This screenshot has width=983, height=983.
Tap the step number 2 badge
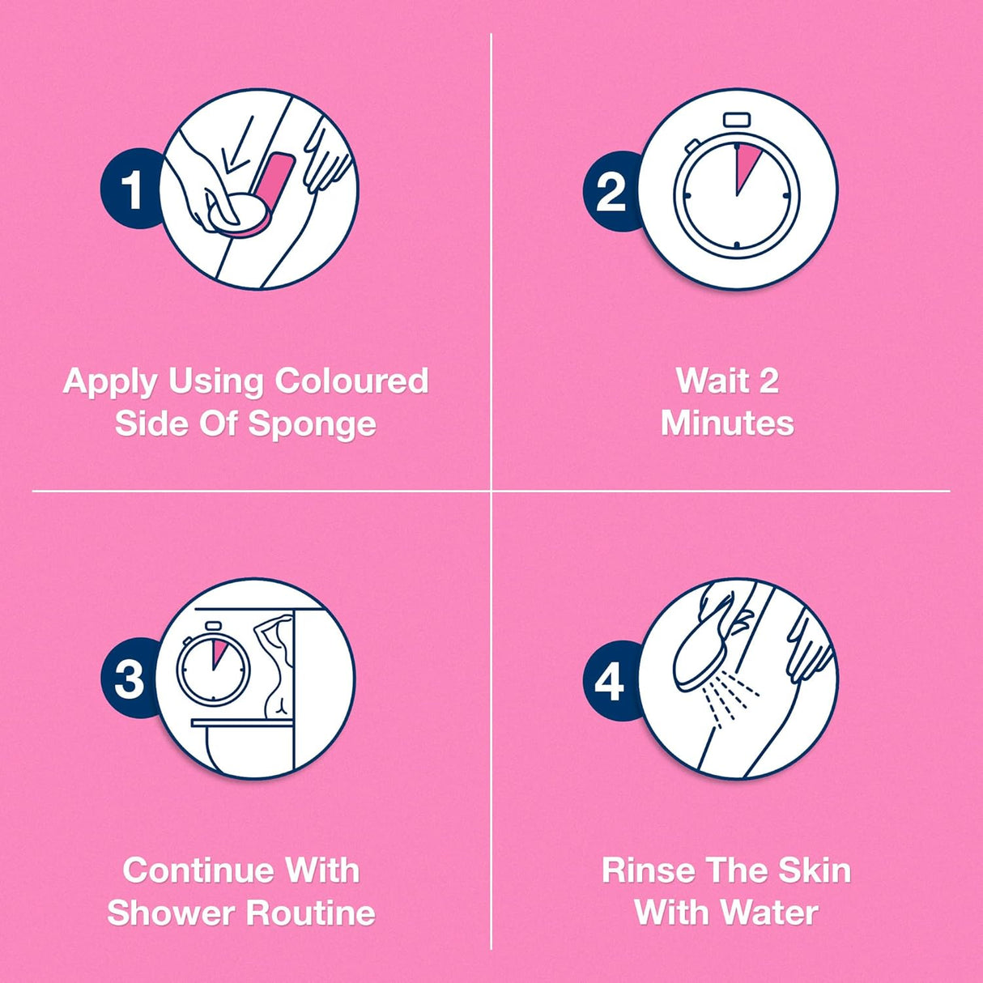(x=612, y=191)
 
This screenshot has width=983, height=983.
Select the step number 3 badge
(x=130, y=678)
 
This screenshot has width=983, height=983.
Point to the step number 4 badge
(x=611, y=680)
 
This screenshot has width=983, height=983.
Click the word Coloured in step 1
(x=351, y=381)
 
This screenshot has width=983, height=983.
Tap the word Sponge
(x=313, y=424)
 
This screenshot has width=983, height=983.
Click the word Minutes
(x=727, y=423)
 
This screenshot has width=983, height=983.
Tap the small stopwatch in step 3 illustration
(x=214, y=663)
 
